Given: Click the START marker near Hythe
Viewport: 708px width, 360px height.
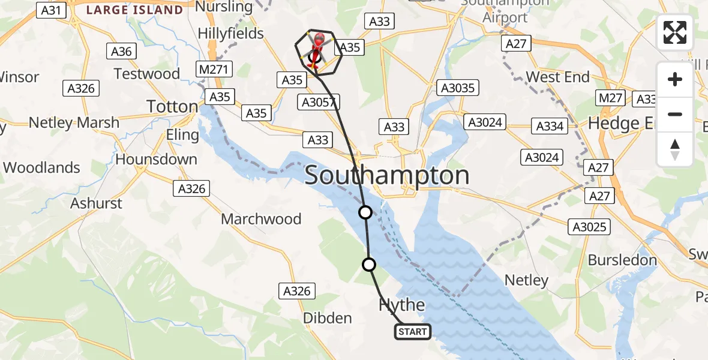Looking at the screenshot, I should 413,331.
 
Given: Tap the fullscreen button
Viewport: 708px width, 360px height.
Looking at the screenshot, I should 675,32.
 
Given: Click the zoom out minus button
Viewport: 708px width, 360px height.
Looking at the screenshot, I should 675,114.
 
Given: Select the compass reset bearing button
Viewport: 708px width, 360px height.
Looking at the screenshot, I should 675,149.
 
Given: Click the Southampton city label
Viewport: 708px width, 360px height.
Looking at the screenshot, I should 387,176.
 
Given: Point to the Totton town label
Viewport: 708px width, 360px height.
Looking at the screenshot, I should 172,107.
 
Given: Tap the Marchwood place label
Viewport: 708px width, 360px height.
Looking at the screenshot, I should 261,219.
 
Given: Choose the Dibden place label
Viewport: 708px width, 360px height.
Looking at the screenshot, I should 327,318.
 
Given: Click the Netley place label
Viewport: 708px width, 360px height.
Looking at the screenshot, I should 526,280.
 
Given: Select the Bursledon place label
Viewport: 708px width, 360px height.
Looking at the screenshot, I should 622,260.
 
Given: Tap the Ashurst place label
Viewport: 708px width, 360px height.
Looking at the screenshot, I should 97,203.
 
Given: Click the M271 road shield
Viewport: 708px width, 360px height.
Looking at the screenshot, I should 214,69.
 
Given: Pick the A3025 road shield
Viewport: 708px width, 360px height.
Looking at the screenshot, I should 589,227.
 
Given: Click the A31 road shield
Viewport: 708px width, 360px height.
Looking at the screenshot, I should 52,10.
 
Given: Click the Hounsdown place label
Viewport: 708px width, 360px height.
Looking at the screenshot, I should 156,160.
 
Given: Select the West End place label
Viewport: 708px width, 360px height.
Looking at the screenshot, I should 557,77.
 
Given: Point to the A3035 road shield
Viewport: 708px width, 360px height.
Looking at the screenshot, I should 458,88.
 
